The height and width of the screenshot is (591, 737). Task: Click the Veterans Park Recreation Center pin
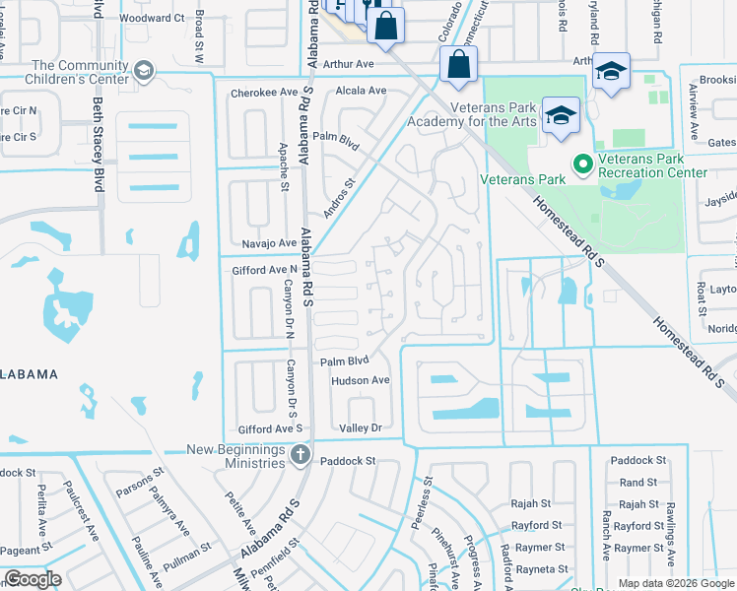(581, 164)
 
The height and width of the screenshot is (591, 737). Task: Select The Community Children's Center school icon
(144, 71)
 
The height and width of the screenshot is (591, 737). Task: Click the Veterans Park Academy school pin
(561, 114)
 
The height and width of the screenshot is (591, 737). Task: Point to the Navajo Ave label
(269, 243)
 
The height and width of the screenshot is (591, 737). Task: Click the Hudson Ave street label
(361, 380)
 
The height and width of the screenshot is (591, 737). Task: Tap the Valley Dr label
(360, 427)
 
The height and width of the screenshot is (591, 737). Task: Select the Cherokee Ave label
(263, 93)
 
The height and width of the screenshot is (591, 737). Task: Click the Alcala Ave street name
(361, 90)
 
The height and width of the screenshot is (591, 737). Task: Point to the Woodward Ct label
(152, 18)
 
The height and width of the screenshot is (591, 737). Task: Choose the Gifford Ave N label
(264, 269)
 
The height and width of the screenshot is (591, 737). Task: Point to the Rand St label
(638, 483)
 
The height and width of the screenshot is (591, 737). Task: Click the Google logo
(33, 578)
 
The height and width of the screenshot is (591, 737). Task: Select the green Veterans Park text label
(522, 179)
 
